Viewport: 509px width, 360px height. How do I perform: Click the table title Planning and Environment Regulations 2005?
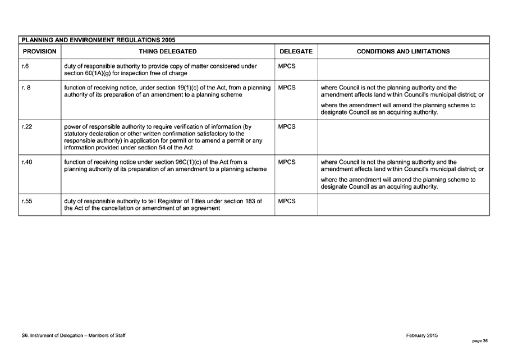98,40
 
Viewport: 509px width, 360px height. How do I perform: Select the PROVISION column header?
39,52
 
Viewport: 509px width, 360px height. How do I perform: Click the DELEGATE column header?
295,52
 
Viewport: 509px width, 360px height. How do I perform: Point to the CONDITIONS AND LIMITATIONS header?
403,52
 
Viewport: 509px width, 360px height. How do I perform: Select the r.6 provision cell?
25,66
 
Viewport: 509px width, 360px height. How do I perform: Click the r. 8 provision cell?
26,88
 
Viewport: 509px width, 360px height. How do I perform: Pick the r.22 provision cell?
26,127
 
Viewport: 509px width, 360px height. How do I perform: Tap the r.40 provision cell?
26,162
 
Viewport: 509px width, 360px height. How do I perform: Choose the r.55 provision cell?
26,201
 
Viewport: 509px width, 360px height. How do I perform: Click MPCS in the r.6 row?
287,66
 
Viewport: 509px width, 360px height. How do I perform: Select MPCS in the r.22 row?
287,127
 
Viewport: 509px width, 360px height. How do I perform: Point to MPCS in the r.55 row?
287,201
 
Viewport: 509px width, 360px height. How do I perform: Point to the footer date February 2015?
421,335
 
